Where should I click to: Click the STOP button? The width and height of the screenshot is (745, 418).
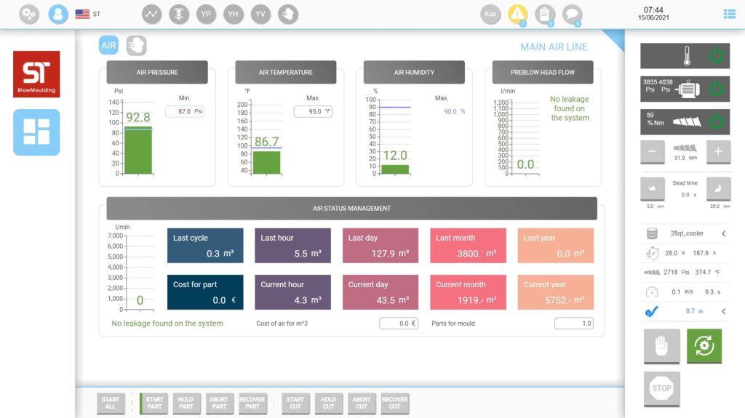(x=661, y=388)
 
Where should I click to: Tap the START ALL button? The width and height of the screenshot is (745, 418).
(x=111, y=403)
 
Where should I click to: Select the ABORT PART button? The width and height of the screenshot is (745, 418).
(x=219, y=403)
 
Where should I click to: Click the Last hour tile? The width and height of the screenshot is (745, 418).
(x=292, y=246)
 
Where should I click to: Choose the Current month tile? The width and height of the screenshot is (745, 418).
(x=468, y=292)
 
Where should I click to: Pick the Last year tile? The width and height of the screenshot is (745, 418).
(x=555, y=246)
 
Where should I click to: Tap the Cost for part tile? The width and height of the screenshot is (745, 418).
(x=205, y=292)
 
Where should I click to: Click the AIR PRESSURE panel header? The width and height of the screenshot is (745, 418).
(x=157, y=73)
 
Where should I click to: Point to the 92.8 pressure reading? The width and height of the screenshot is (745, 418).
(x=138, y=117)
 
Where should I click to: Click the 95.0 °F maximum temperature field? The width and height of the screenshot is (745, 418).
(x=313, y=112)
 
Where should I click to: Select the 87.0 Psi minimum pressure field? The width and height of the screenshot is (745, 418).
(x=185, y=112)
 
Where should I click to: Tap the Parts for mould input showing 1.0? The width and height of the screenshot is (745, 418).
(x=574, y=323)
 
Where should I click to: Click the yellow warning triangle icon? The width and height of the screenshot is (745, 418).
(x=517, y=14)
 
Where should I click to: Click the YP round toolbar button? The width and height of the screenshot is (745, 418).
(x=206, y=14)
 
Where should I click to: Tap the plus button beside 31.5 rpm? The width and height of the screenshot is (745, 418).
(x=717, y=151)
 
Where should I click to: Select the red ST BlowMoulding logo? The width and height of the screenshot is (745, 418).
(x=36, y=74)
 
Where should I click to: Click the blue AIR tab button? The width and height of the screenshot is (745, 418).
(x=108, y=46)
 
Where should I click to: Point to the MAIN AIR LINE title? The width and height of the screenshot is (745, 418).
(x=554, y=47)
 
